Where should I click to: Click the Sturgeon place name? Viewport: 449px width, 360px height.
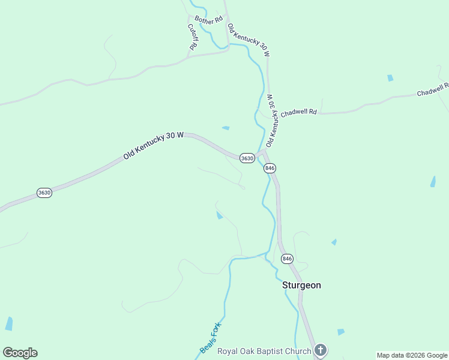tap(301, 286)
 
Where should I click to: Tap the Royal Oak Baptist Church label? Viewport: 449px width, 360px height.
tap(264, 351)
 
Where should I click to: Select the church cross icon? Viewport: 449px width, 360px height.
tap(321, 350)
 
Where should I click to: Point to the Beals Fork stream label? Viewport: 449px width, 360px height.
tap(211, 338)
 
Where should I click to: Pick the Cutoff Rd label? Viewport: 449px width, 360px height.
tap(192, 37)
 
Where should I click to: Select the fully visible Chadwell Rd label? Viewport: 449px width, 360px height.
tap(298, 112)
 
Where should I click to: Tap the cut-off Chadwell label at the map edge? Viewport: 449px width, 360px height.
tap(433, 90)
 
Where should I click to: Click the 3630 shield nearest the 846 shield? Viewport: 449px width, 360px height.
tap(247, 158)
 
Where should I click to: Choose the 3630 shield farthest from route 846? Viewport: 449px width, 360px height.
tap(44, 193)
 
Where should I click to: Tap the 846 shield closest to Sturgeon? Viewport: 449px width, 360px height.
tap(287, 259)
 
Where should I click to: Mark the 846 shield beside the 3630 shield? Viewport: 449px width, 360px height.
tap(270, 169)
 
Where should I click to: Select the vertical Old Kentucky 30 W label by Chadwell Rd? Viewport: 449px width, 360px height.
tap(272, 121)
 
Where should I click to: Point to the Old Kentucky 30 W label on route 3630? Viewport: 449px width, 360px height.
tap(153, 146)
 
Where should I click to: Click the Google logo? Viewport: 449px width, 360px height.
tap(20, 353)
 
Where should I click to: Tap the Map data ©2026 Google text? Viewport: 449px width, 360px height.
tap(412, 355)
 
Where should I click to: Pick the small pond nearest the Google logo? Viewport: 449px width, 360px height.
tap(9, 324)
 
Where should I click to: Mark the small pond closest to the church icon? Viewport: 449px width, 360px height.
tap(341, 332)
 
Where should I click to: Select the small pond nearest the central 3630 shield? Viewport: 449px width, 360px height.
tap(226, 128)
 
